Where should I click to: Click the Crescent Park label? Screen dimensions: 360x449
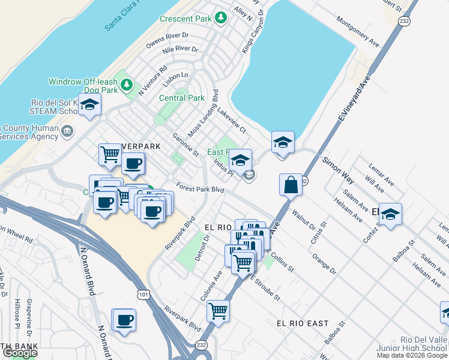click(x=186, y=19)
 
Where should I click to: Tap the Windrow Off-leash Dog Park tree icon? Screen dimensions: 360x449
click(x=126, y=85)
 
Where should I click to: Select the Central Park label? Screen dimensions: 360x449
click(x=182, y=98)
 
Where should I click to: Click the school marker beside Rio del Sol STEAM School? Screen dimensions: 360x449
click(x=89, y=106)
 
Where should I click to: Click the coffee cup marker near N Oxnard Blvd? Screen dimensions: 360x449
click(x=124, y=320)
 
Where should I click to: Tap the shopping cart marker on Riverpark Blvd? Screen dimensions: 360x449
click(x=218, y=311)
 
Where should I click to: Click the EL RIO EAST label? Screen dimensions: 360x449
click(x=303, y=323)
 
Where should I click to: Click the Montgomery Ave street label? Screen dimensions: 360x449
click(x=358, y=36)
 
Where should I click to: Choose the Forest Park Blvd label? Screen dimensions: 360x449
click(x=200, y=188)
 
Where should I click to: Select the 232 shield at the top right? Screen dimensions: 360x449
click(x=404, y=20)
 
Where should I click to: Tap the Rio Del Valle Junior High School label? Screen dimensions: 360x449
click(x=411, y=348)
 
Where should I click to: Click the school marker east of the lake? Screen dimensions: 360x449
click(x=283, y=143)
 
